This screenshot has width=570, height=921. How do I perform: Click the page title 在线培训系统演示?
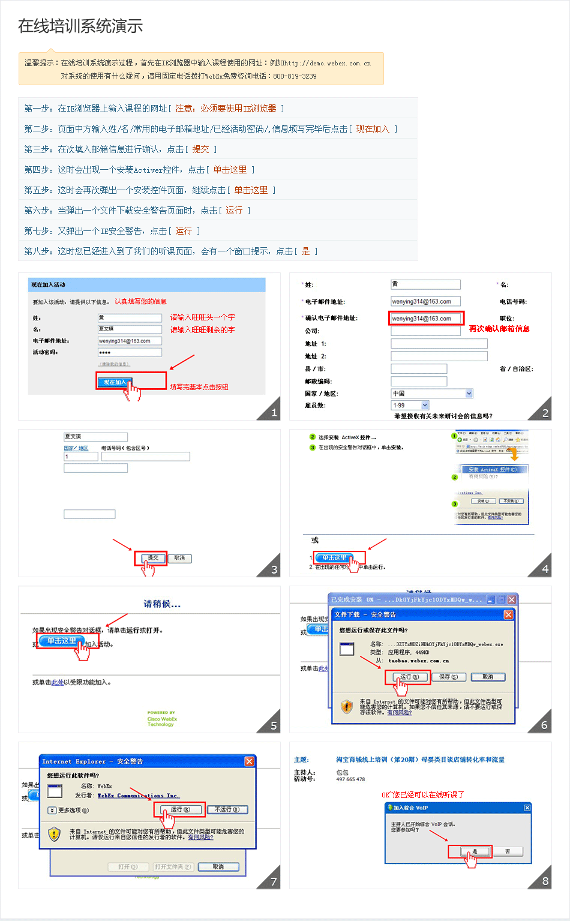coord(80,26)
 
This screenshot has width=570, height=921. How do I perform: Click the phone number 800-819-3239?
coord(295,76)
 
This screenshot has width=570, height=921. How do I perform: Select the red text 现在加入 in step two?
coord(373,129)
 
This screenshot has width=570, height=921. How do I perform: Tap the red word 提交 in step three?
coord(200,149)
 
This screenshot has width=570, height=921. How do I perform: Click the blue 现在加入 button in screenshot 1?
coord(115,382)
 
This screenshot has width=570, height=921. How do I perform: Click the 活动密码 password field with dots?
coord(130,352)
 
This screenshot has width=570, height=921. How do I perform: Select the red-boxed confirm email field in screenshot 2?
coord(426,319)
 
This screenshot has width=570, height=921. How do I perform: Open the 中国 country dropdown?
coord(432,394)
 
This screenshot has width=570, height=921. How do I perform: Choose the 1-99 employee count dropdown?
coord(410,406)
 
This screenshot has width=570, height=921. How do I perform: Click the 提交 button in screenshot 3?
coord(153,558)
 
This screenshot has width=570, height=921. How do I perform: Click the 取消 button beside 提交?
coord(179,558)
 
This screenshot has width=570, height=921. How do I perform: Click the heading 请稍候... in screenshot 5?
coord(162,604)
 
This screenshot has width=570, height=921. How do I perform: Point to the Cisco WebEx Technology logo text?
coord(162,719)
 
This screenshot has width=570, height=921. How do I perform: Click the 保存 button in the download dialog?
coord(448,677)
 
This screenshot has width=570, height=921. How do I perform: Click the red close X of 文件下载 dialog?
coord(508,614)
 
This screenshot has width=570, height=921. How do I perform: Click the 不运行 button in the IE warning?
coord(227,809)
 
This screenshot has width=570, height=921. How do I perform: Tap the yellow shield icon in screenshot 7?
coord(55,833)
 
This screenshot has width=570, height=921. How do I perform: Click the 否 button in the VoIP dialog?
coord(508,851)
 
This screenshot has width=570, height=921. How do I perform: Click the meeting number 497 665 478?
coord(350,779)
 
